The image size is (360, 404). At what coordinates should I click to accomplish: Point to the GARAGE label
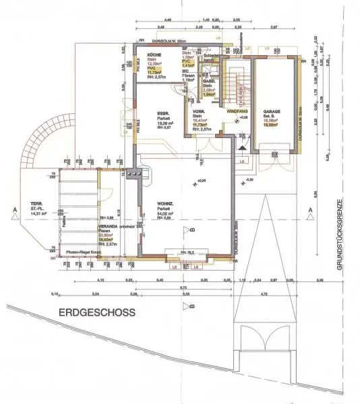(272, 112)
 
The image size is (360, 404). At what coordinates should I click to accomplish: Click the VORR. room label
(200, 112)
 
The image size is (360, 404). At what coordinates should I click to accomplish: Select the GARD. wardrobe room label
(190, 81)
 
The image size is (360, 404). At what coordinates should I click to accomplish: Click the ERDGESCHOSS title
(96, 312)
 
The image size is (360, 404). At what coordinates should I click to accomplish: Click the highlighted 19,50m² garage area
(272, 125)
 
